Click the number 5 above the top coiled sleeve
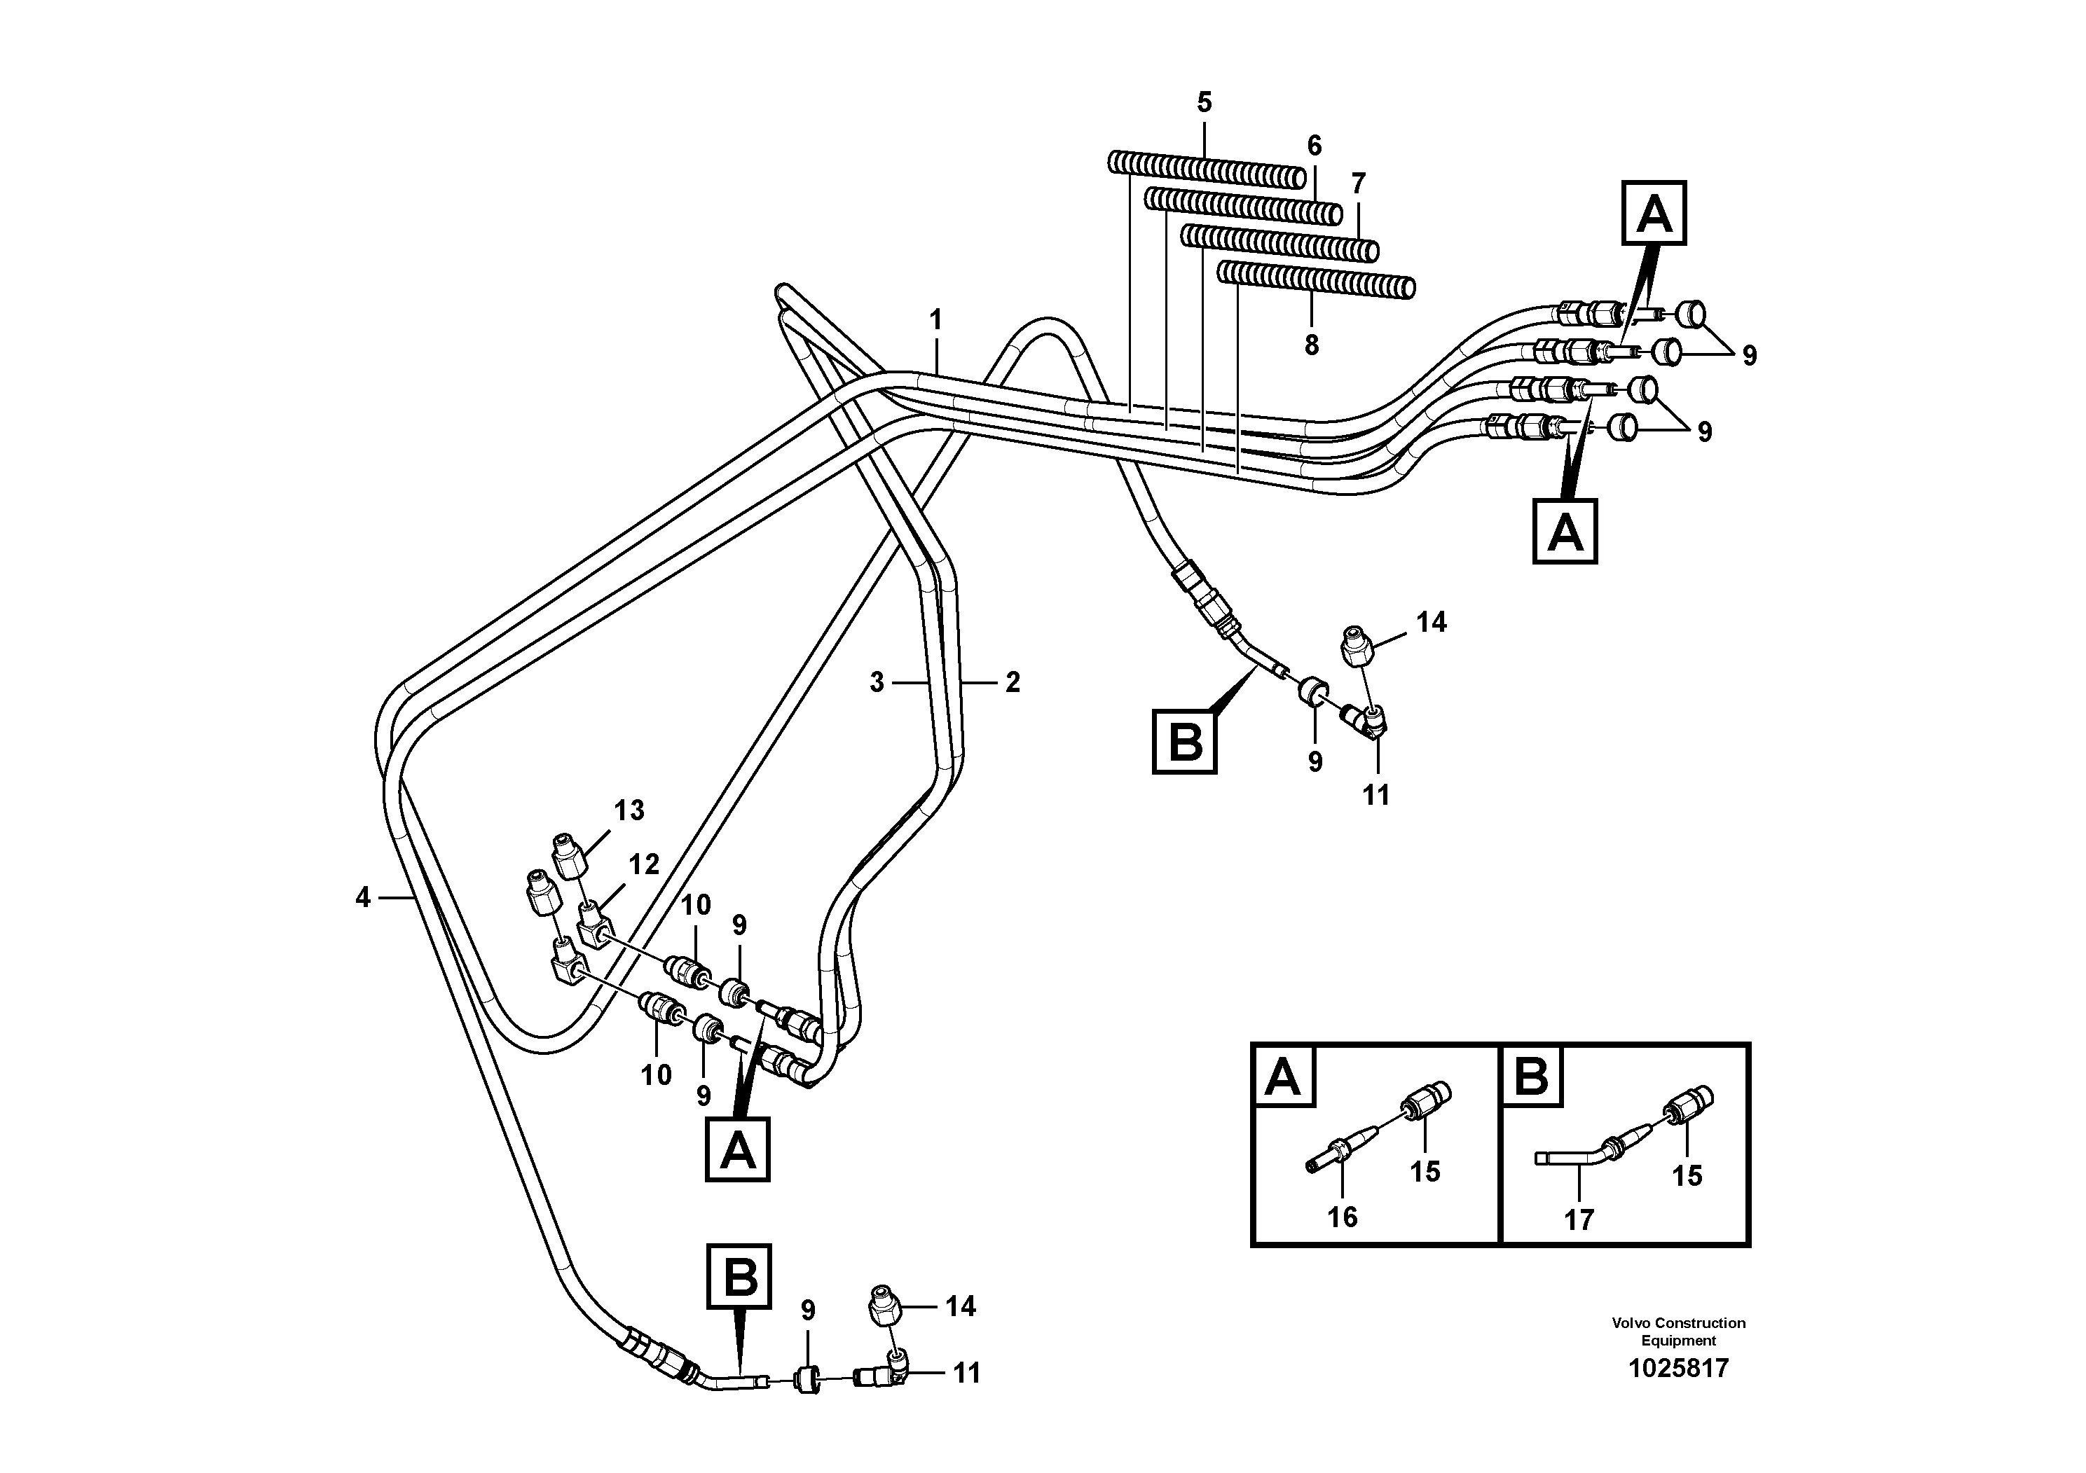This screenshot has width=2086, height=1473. pyautogui.click(x=1204, y=103)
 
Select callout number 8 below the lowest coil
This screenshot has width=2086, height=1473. pyautogui.click(x=1311, y=346)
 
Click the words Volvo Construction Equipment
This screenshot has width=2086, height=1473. pyautogui.click(x=1678, y=1332)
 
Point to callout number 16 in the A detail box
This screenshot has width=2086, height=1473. pyautogui.click(x=1342, y=1217)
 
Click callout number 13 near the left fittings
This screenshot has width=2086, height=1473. pyautogui.click(x=629, y=810)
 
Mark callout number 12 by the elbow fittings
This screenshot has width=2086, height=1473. pyautogui.click(x=643, y=864)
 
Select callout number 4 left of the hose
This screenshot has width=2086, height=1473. pyautogui.click(x=364, y=898)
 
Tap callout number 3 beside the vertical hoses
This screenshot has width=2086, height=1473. pyautogui.click(x=876, y=683)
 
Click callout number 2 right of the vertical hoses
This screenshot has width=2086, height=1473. pyautogui.click(x=1012, y=683)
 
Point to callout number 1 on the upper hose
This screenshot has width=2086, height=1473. pyautogui.click(x=936, y=321)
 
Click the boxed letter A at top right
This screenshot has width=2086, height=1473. pyautogui.click(x=1654, y=214)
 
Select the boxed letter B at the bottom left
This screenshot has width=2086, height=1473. pyautogui.click(x=739, y=1277)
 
